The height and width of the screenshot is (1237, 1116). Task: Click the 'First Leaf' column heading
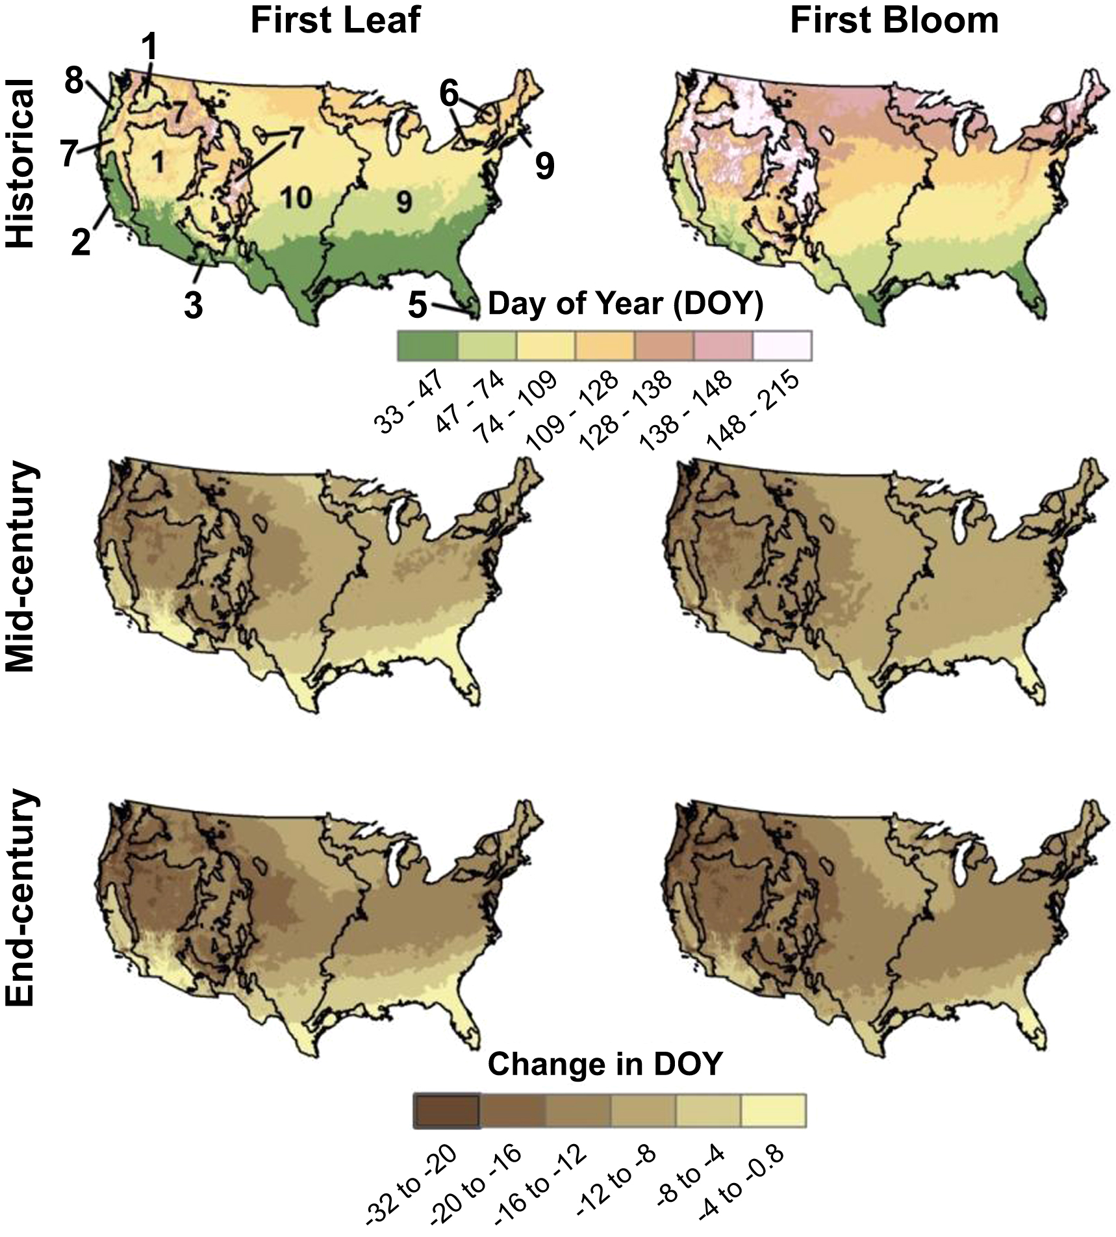pyautogui.click(x=336, y=20)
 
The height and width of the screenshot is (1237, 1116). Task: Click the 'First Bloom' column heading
pyautogui.click(x=894, y=20)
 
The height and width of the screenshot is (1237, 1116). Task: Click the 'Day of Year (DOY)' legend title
pyautogui.click(x=625, y=304)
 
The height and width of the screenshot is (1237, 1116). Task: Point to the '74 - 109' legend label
pyautogui.click(x=516, y=399)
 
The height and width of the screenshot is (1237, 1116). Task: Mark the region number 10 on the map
pyautogui.click(x=297, y=197)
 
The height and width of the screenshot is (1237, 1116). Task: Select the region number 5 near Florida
pyautogui.click(x=418, y=304)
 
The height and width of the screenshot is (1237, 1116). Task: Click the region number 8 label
pyautogui.click(x=75, y=82)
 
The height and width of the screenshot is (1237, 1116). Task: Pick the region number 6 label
pyautogui.click(x=449, y=94)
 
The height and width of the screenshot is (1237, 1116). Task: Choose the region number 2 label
pyautogui.click(x=81, y=242)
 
